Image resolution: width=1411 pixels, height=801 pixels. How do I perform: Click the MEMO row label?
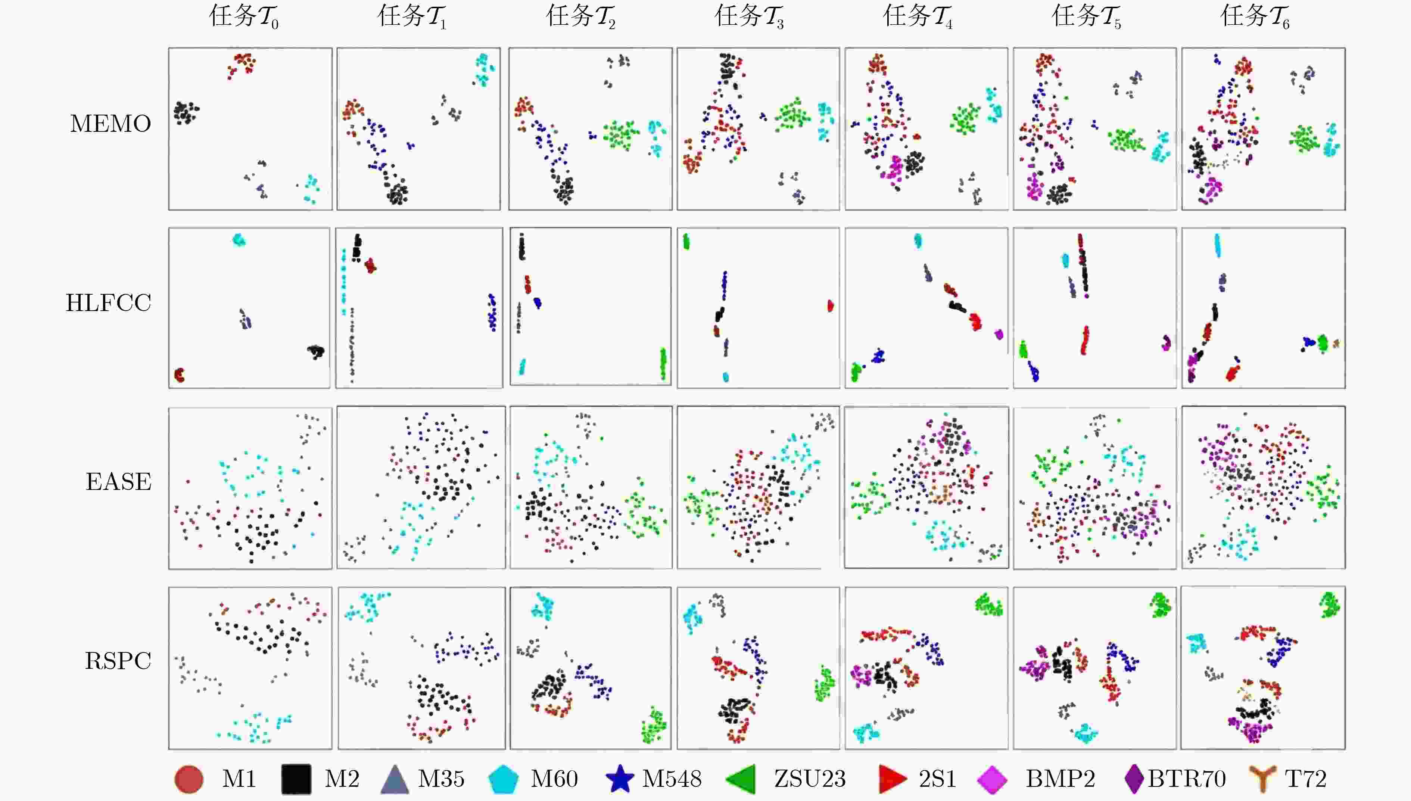(110, 124)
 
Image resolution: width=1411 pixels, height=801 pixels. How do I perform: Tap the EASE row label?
(118, 482)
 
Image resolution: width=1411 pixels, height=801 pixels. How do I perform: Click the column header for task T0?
(244, 16)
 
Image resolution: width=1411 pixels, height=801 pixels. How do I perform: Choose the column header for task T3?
(749, 16)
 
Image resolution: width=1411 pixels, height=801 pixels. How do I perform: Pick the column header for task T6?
(1255, 16)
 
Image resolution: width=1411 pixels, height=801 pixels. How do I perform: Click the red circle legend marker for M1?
(189, 779)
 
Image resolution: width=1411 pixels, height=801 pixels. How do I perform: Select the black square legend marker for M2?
(296, 779)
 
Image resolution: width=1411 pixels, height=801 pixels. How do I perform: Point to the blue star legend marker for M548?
(620, 779)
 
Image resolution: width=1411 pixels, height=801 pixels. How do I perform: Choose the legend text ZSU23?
(809, 779)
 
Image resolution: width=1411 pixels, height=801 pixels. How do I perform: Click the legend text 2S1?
(937, 779)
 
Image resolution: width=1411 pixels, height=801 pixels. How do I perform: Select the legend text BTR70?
(1187, 779)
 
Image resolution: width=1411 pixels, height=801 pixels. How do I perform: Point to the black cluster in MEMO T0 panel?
(185, 112)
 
